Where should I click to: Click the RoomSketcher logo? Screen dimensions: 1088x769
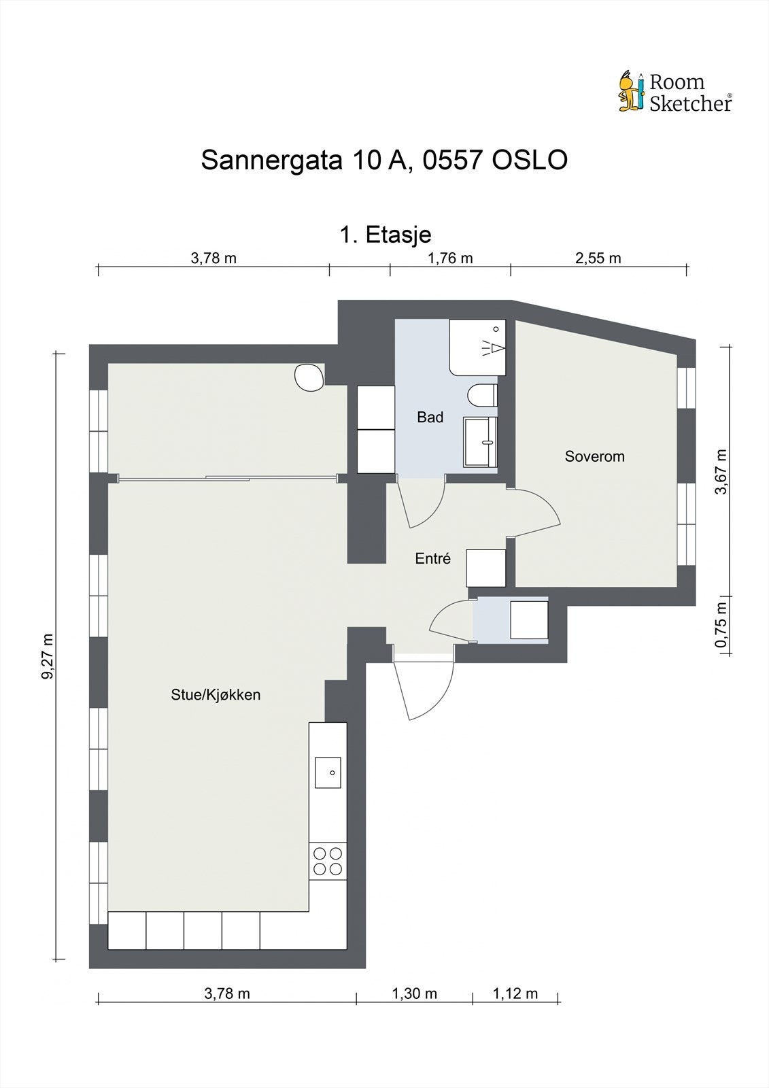tap(674, 92)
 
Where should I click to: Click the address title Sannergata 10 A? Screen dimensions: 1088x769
tap(384, 160)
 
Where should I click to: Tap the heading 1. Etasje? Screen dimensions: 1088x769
tap(385, 235)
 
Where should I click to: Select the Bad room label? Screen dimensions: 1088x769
tap(430, 418)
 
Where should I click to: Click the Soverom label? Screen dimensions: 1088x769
tap(594, 456)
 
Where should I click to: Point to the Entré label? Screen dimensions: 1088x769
tap(433, 559)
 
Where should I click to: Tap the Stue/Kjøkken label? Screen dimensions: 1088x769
tap(216, 695)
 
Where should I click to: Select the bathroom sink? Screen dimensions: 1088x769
tap(480, 442)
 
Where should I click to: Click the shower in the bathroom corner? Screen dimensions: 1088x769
tap(478, 347)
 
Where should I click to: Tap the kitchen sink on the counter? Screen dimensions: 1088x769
tap(328, 772)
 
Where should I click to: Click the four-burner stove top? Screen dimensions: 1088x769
tap(327, 862)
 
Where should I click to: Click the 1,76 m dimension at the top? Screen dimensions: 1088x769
tap(449, 258)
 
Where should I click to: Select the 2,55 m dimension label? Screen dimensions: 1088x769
tap(598, 258)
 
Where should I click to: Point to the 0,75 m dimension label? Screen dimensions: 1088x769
tap(721, 625)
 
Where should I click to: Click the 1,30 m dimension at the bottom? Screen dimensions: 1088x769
tap(414, 993)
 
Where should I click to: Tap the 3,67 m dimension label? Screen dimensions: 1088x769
tap(721, 471)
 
